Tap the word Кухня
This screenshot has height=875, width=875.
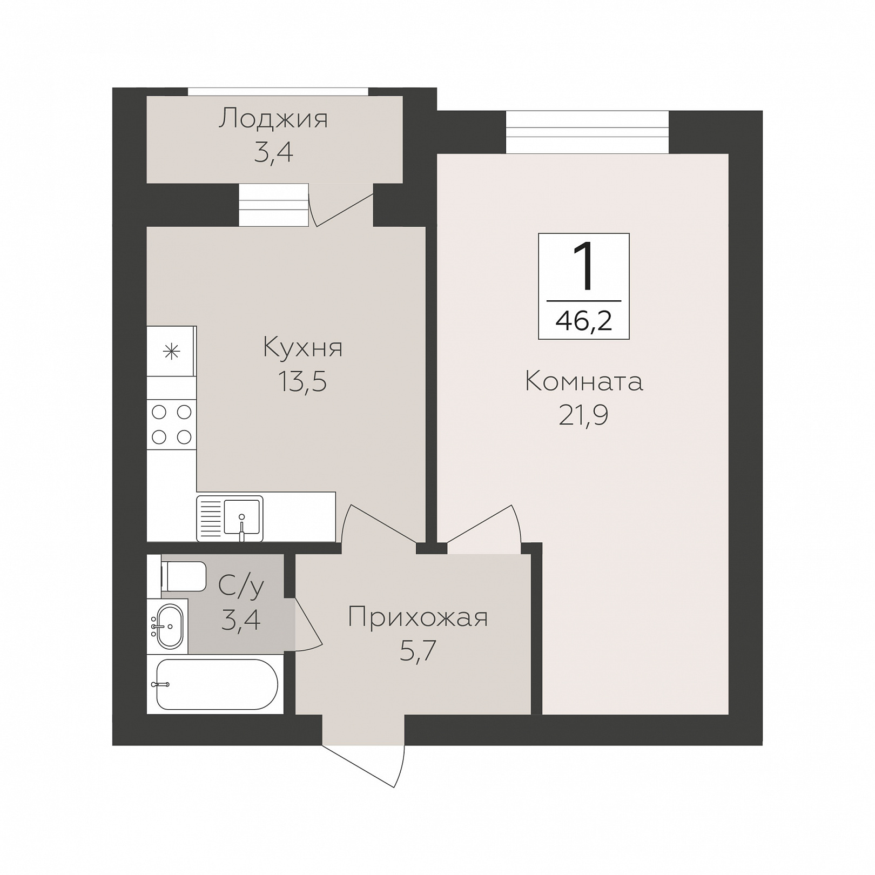tap(302, 347)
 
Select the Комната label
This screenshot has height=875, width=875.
tap(584, 381)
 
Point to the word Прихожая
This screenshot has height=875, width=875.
tap(418, 617)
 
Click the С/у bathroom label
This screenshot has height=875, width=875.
tap(241, 585)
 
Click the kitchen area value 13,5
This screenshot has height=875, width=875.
tap(302, 381)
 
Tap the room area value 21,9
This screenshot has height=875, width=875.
tap(583, 415)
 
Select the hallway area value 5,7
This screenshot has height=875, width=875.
tap(418, 651)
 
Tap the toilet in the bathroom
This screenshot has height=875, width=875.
tap(184, 576)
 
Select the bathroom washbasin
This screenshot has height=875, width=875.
tap(169, 626)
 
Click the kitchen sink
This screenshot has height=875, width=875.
tap(230, 518)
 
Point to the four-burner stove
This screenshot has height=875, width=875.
tap(172, 425)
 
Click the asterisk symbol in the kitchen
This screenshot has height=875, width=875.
tap(172, 352)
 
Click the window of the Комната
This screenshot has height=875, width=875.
tap(587, 132)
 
